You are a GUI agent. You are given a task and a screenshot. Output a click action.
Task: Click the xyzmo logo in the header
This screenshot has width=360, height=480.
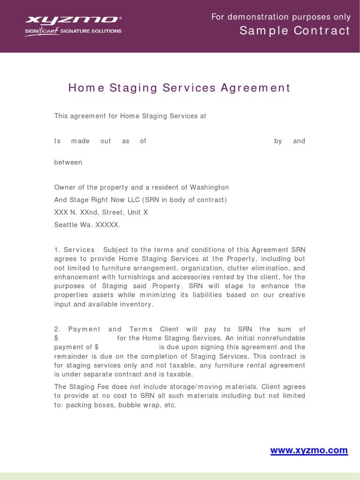point(73,20)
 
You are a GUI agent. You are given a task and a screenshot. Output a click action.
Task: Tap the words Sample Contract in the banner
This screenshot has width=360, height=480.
point(294,31)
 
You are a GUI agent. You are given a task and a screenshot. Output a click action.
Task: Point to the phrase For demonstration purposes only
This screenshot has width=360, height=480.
point(281,17)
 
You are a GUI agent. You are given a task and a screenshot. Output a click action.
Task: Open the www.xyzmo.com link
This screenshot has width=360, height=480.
point(309,450)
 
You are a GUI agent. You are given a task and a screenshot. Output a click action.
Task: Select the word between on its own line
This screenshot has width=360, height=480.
point(68,163)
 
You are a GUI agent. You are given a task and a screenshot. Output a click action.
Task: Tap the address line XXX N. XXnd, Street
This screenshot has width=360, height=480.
point(101,212)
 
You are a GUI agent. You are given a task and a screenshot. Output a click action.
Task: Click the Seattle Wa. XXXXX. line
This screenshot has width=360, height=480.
point(87,225)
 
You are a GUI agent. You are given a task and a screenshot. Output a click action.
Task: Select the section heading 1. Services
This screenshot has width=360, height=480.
point(75,250)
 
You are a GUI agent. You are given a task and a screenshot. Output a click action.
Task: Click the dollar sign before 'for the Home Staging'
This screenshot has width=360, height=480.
point(56,338)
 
